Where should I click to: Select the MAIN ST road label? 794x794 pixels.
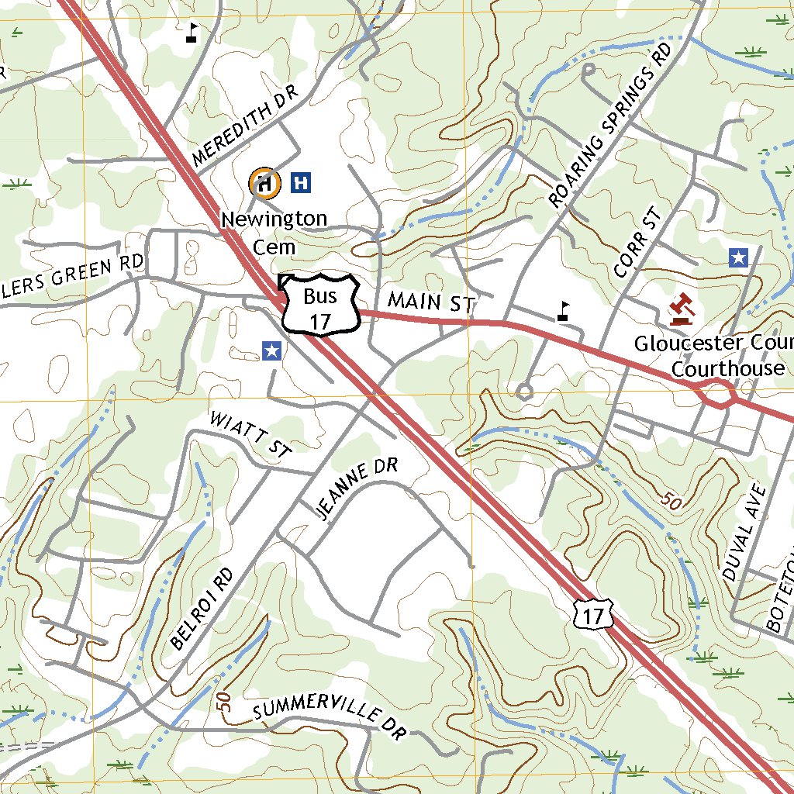430,302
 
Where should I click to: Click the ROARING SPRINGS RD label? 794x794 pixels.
610,126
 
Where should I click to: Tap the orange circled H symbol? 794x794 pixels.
264,184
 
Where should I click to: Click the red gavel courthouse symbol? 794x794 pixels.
682,309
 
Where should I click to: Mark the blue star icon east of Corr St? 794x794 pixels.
738,257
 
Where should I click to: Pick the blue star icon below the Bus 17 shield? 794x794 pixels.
271,351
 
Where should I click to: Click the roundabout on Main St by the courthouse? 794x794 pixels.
719,395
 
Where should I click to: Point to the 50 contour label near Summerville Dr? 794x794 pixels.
224,703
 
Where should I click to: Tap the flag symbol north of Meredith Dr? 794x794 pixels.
192,33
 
